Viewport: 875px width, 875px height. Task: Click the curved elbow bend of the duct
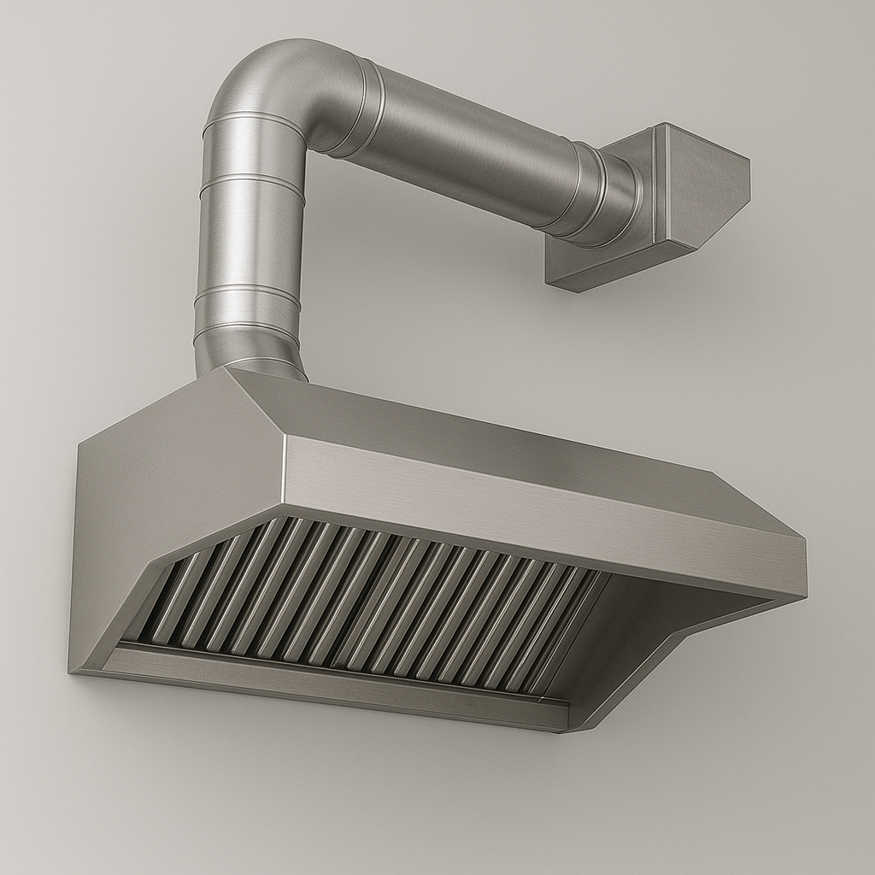click(x=273, y=85)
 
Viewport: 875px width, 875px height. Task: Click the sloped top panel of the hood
click(x=479, y=427)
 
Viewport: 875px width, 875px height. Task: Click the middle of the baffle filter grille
click(x=367, y=598)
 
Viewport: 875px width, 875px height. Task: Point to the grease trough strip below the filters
click(x=333, y=675)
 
